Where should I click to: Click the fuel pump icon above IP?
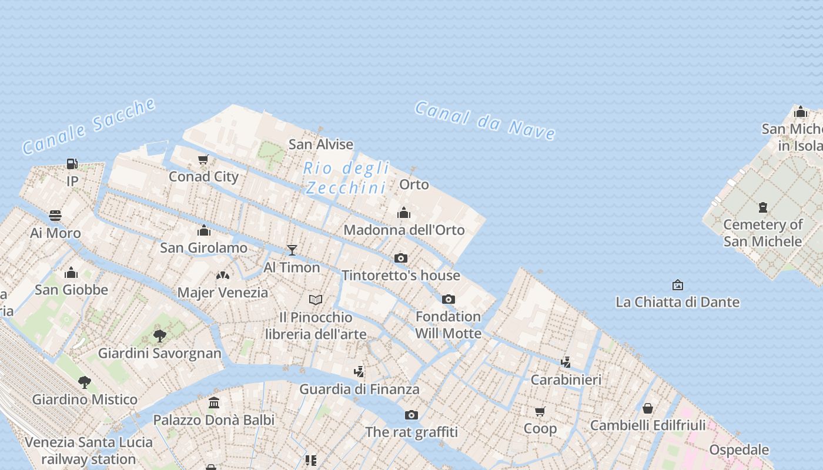pos(72,164)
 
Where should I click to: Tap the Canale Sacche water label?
pos(89,126)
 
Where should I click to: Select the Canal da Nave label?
pos(485,120)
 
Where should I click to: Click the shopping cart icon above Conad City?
pos(203,159)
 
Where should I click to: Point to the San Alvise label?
pos(321,144)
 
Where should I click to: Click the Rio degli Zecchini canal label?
pos(346,178)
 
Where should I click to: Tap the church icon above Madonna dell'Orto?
pos(404,213)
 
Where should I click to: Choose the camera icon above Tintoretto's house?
pos(401,258)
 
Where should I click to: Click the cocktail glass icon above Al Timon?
pos(292,250)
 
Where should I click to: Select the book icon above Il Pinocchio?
pos(316,300)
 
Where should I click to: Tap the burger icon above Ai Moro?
pos(55,216)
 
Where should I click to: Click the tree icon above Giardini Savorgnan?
pos(159,336)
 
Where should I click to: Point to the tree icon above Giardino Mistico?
pos(85,382)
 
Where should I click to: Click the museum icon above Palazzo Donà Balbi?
pos(214,403)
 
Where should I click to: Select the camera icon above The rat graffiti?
pos(411,415)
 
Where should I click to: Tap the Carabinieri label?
pos(566,380)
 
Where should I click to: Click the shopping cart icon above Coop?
pos(540,411)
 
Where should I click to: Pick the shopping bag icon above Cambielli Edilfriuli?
pos(648,408)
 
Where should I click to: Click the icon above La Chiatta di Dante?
pos(677,285)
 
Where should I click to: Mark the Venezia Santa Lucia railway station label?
pos(89,451)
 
